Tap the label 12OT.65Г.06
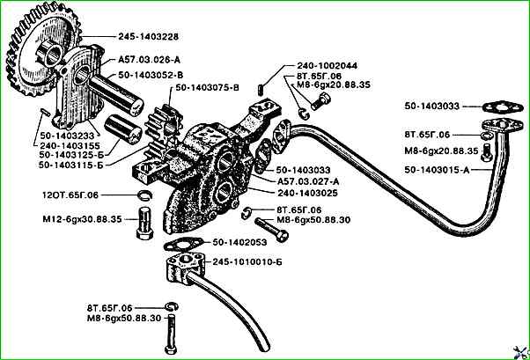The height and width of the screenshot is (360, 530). pyautogui.click(x=85, y=194)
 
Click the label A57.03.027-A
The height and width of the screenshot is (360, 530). pyautogui.click(x=304, y=179)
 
